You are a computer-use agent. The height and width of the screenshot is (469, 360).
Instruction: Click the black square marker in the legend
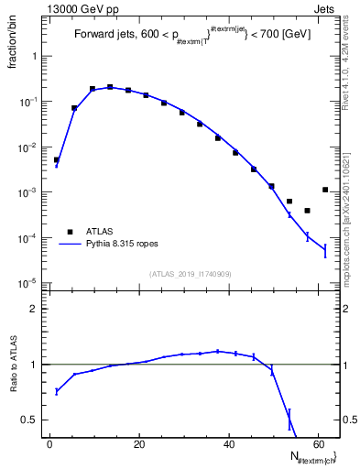[x=70, y=232]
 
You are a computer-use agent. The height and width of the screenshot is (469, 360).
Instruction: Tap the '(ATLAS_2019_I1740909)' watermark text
[x=170, y=274]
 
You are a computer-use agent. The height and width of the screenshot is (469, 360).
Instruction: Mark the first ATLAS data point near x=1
[x=57, y=159]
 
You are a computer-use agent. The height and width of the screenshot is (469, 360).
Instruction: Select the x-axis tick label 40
[x=227, y=443]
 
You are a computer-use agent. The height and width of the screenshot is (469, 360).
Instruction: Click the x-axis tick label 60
[x=316, y=443]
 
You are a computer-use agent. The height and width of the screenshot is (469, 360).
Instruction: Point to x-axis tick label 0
[x=49, y=443]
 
